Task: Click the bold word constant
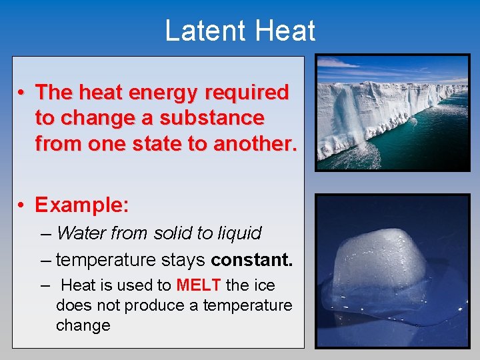coord(252,259)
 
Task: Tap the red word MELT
coord(199,285)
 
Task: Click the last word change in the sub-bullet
coord(83,325)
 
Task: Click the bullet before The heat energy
coord(22,92)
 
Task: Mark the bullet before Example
coord(22,205)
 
